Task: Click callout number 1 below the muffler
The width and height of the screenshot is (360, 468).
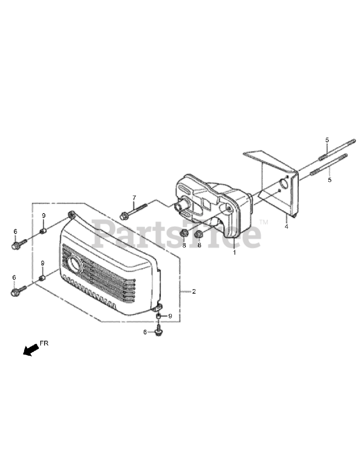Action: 235,252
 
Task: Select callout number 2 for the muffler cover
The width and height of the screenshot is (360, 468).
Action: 194,292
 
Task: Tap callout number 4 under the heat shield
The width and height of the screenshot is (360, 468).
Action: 286,227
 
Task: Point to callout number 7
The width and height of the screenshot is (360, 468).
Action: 134,197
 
